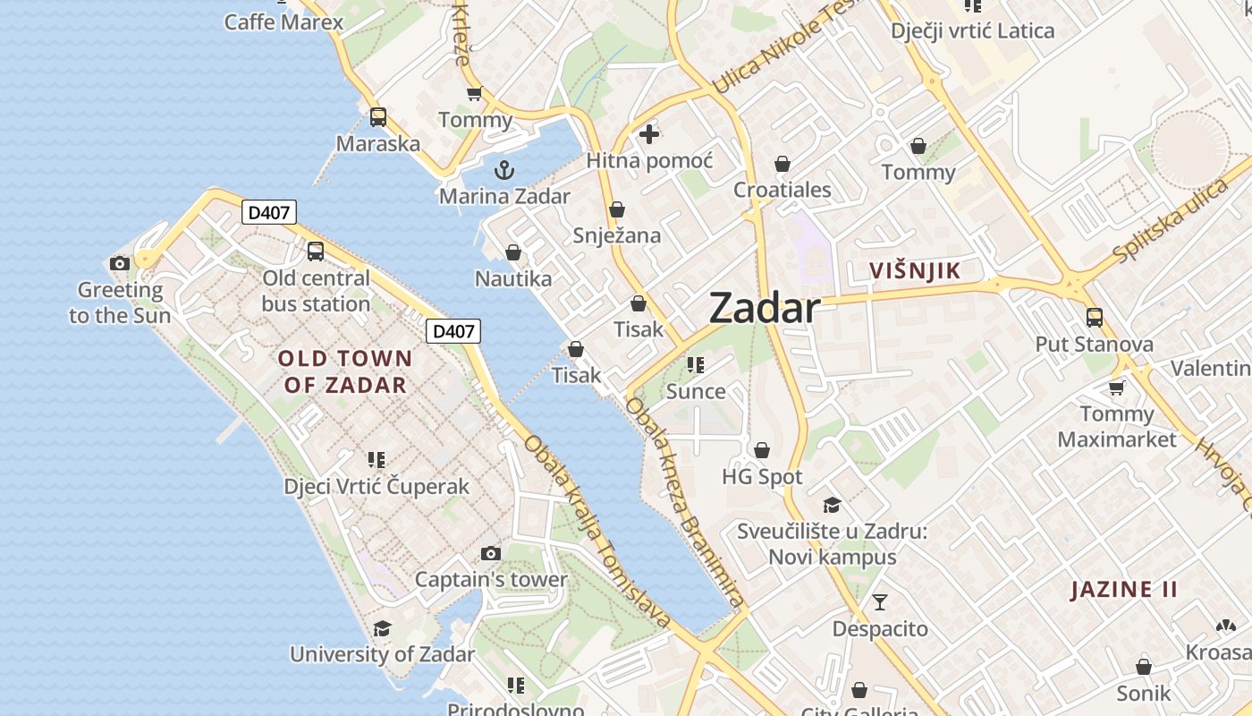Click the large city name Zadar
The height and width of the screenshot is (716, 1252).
click(765, 309)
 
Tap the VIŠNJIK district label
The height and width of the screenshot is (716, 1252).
click(915, 271)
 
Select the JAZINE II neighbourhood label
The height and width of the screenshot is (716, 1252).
click(1124, 589)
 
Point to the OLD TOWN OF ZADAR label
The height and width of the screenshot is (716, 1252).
click(345, 371)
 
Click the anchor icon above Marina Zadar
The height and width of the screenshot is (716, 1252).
click(505, 169)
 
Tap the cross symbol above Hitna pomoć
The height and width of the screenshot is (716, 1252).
click(649, 135)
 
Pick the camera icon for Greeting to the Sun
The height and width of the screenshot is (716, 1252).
click(120, 263)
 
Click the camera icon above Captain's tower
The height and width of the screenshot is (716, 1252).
click(490, 553)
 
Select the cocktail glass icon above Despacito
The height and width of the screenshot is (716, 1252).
click(880, 601)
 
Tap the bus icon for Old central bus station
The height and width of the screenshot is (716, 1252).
click(316, 251)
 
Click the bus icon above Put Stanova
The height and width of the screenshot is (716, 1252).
click(1094, 318)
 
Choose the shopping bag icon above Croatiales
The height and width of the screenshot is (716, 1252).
click(782, 164)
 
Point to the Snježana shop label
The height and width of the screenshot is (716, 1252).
click(617, 235)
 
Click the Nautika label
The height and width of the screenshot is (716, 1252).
click(513, 278)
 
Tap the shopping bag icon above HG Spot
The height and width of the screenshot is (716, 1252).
click(762, 450)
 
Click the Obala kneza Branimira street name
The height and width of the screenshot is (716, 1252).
click(685, 502)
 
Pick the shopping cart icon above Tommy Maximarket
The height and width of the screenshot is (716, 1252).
click(1116, 388)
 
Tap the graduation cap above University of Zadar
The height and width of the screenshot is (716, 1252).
click(382, 628)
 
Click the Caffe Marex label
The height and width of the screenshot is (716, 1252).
click(283, 21)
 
